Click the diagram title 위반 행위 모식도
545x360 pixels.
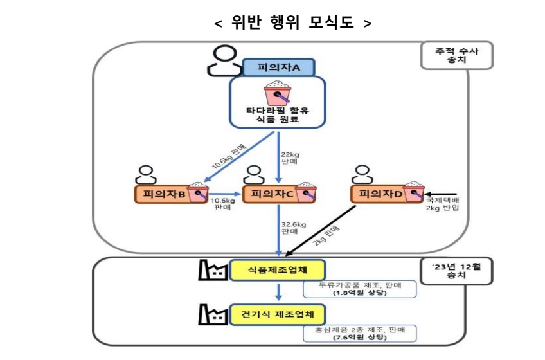click(x=292, y=23)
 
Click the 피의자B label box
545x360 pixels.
click(x=161, y=194)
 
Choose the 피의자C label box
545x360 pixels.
click(x=271, y=194)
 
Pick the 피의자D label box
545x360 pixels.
click(x=379, y=194)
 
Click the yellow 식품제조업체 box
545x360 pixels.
click(x=278, y=270)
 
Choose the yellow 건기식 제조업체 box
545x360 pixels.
click(x=278, y=314)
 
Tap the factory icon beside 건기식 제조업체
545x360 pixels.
click(x=213, y=316)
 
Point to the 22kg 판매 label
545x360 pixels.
click(x=291, y=158)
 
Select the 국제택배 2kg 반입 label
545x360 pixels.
click(x=443, y=204)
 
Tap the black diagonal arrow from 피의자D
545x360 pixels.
click(x=321, y=230)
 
